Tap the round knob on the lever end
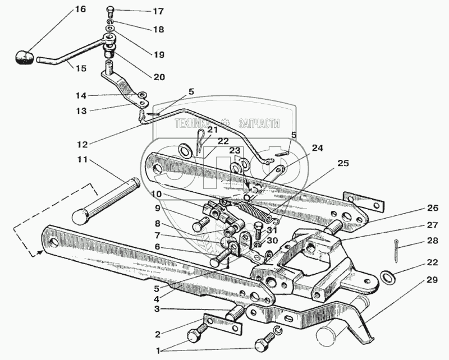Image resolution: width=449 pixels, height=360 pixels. (24, 58)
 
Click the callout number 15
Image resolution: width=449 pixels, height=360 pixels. (81, 68)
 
